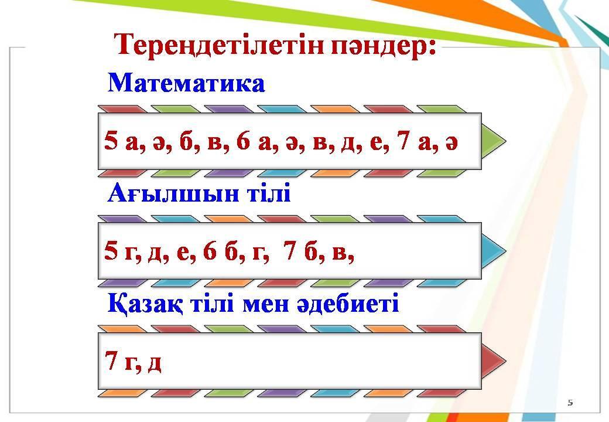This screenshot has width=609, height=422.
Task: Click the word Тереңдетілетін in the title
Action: [x=220, y=45]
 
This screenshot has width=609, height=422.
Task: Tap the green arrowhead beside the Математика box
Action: [x=494, y=141]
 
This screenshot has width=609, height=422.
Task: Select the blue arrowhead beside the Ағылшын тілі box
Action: [x=494, y=251]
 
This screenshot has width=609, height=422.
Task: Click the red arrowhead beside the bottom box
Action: [x=494, y=361]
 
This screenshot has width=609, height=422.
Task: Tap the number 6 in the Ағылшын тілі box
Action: [x=210, y=251]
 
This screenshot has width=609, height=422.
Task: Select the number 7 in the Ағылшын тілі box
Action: [x=290, y=251]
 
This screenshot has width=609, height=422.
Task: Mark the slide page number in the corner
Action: [x=570, y=403]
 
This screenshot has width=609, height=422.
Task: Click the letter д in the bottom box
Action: [x=155, y=364]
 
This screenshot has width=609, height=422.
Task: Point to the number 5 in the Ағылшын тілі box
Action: [x=111, y=251]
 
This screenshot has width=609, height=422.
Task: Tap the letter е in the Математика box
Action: [x=376, y=143]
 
